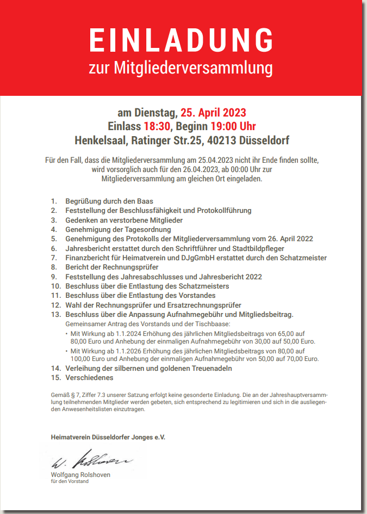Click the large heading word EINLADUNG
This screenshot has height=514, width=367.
pyautogui.click(x=182, y=41)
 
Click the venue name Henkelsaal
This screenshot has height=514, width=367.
pyautogui.click(x=100, y=140)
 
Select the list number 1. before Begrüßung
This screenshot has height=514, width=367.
pyautogui.click(x=54, y=201)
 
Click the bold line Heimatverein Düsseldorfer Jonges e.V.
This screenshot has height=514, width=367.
pyautogui.click(x=108, y=437)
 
